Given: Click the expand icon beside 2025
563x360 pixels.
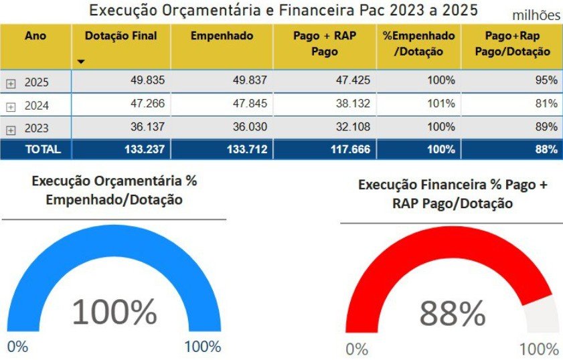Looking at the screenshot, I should [x=11, y=84].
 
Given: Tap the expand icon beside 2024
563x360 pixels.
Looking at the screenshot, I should [x=11, y=106].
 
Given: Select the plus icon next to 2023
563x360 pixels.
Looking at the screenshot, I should [x=11, y=128].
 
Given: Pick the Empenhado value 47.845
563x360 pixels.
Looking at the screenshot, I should [x=247, y=103].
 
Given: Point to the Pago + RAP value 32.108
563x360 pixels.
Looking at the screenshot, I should [x=351, y=126].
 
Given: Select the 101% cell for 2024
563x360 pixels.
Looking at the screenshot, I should [x=441, y=103].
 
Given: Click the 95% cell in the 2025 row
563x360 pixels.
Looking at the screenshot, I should [x=546, y=80].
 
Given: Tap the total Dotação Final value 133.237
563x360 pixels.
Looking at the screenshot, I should [x=144, y=149].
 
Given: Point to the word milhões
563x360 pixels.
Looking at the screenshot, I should [x=536, y=15].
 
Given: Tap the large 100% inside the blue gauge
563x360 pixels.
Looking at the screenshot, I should [x=114, y=312].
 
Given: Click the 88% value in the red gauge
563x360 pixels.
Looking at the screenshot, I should [x=453, y=313].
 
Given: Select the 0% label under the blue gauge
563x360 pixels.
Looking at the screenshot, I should [x=18, y=347].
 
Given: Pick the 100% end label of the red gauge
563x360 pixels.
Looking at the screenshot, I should [x=539, y=349].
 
